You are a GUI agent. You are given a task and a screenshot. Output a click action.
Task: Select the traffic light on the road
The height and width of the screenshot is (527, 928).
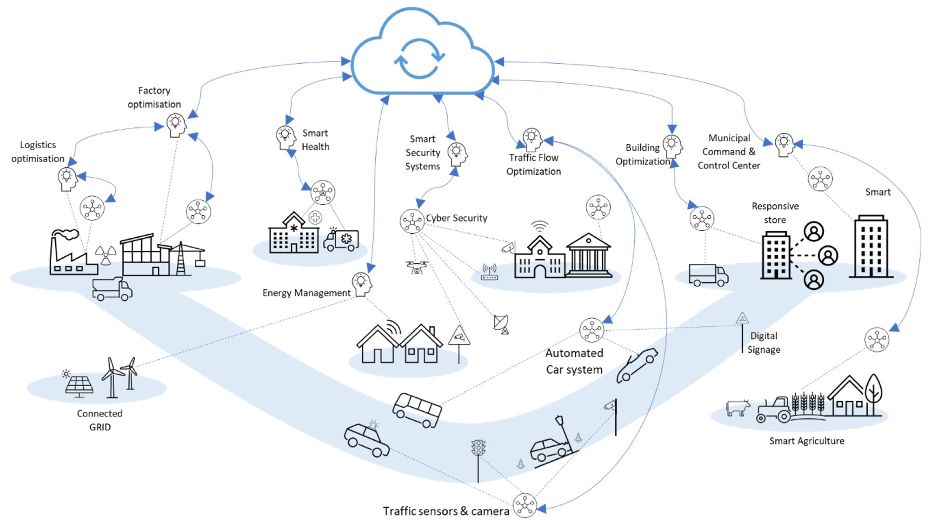[478, 448]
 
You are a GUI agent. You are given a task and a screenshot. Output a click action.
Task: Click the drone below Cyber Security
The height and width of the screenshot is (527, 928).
[417, 267]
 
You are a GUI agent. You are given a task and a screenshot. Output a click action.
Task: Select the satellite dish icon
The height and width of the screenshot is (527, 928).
[501, 323]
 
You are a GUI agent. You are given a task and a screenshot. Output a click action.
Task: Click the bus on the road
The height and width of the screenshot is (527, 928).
[417, 410]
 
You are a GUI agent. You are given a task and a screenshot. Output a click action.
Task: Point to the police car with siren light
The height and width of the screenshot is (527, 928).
[366, 439]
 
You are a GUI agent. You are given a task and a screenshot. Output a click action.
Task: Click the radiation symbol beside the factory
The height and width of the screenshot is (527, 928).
[106, 255]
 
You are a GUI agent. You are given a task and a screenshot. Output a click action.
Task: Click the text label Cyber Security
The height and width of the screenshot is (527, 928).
[456, 218]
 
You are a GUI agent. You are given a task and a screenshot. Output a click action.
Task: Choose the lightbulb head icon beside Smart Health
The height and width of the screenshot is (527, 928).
[286, 138]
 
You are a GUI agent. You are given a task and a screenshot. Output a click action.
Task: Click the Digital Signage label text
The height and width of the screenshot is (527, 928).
[764, 343]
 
